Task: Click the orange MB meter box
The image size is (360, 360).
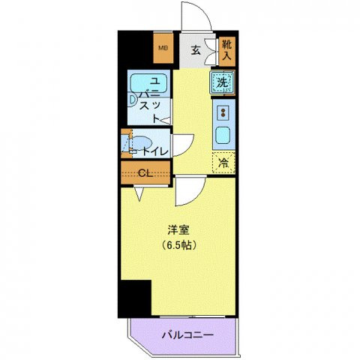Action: click(x=163, y=50)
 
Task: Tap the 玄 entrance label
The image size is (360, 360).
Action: click(x=194, y=51)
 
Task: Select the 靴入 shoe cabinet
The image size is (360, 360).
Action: click(x=226, y=50)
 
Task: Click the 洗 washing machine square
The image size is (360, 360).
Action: click(x=222, y=82)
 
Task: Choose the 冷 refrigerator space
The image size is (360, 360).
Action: click(x=223, y=162)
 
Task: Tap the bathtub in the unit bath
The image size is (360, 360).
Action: click(x=142, y=83)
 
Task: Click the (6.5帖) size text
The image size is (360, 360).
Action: click(x=178, y=246)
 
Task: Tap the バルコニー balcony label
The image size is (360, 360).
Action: click(x=188, y=334)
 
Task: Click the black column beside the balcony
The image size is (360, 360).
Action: click(x=135, y=298)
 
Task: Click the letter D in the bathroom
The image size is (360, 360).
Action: click(x=130, y=97)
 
